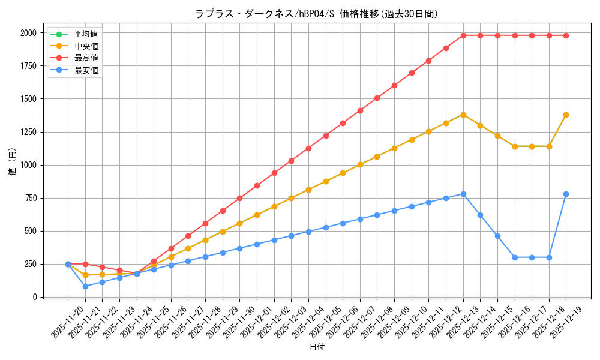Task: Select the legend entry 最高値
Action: tap(86, 58)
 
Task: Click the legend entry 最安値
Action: tap(86, 70)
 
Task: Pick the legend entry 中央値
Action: tap(86, 45)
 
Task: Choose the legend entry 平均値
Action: tap(86, 33)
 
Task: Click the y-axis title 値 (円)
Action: tap(13, 162)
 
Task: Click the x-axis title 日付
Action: tap(317, 347)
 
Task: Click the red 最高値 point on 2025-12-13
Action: tap(463, 35)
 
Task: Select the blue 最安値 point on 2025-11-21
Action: tap(85, 286)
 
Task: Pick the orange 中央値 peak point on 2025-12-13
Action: tap(463, 115)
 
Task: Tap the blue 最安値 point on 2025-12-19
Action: tap(566, 194)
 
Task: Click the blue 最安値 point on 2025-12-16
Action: tap(515, 257)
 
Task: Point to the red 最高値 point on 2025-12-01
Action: tap(274, 173)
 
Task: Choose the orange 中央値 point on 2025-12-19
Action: tap(566, 115)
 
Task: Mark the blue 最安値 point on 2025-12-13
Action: tap(463, 194)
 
